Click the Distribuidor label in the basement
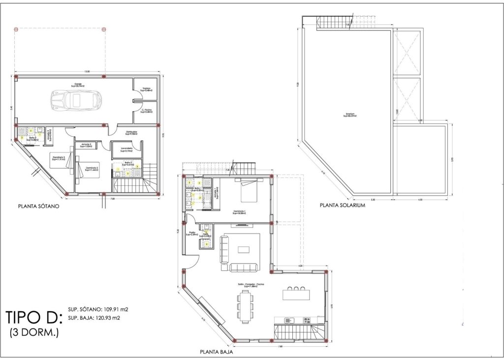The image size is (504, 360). click(131, 133)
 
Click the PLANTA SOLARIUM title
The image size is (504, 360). click(342, 206)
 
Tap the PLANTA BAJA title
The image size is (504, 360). click(216, 352)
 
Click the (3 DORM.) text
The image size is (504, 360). click(34, 333)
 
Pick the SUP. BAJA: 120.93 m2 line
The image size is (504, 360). click(93, 318)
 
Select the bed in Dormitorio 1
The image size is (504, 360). click(249, 191)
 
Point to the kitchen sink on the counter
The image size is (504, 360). click(290, 320)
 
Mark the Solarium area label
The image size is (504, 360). click(350, 116)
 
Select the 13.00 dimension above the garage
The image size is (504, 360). click(87, 72)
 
